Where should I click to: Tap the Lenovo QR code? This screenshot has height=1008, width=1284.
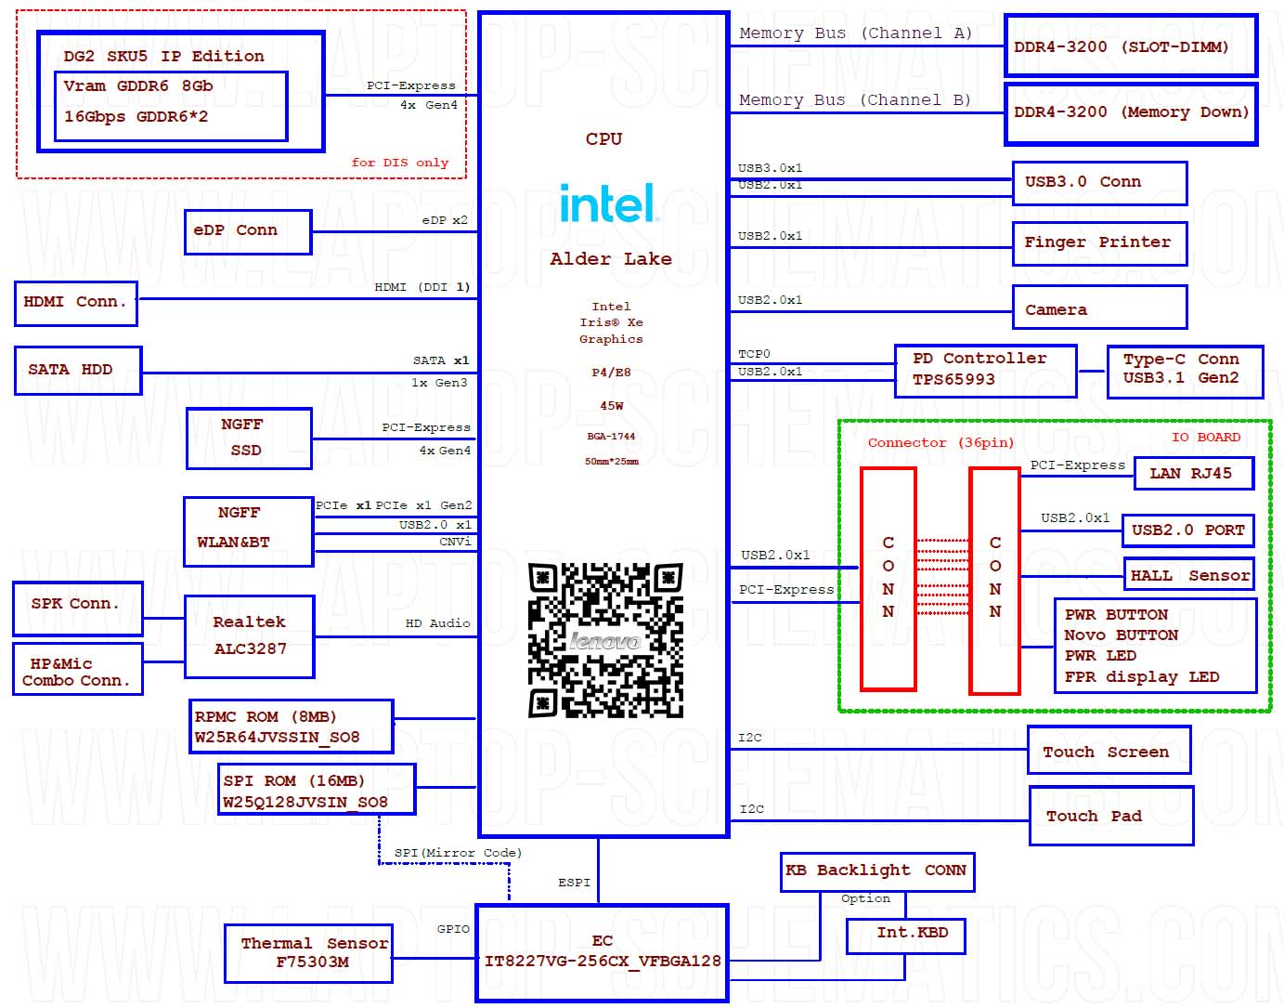[x=605, y=640]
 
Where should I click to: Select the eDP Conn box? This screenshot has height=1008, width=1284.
[x=248, y=231]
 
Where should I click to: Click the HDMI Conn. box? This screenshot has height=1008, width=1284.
[x=75, y=303]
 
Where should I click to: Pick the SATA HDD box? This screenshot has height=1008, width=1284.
[x=78, y=370]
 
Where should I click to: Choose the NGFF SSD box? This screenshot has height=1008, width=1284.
[x=249, y=439]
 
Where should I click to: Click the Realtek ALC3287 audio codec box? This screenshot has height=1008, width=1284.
[x=250, y=636]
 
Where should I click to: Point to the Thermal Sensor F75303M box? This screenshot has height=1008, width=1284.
[x=308, y=953]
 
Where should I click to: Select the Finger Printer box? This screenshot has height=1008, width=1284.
[x=1099, y=243]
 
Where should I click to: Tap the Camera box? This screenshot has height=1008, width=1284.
[x=1099, y=307]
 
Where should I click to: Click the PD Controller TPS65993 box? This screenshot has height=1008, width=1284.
[x=985, y=371]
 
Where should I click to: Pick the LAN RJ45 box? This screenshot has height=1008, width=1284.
[x=1193, y=473]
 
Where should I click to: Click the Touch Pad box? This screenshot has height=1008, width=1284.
[x=1111, y=816]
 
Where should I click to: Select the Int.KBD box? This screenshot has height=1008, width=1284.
[x=905, y=936]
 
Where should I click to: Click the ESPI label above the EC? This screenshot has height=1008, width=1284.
[x=574, y=882]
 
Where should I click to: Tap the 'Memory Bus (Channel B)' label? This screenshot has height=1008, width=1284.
[x=854, y=100]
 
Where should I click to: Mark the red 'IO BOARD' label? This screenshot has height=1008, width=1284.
[x=1205, y=437]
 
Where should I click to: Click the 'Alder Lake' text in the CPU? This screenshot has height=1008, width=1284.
[x=610, y=258]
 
